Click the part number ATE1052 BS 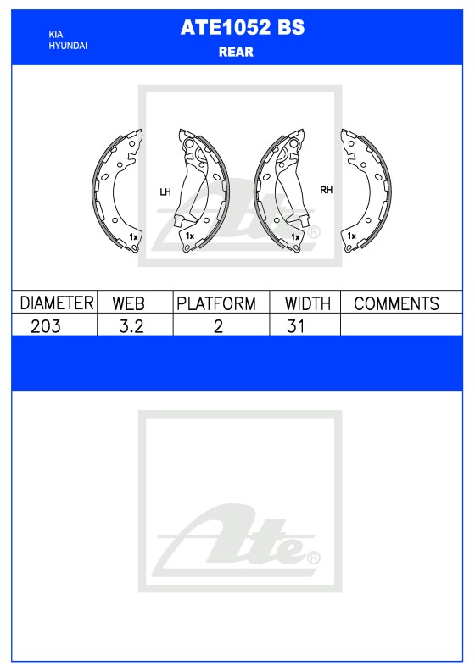coord(242,28)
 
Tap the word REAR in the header coord(236,52)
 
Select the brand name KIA coord(56,34)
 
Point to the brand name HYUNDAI coord(68,45)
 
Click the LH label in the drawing coord(165,192)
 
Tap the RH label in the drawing coord(326,191)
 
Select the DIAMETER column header coord(56,303)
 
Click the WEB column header coord(129,303)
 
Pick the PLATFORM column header coord(216,303)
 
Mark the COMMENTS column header coord(396,303)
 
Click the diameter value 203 coord(45,326)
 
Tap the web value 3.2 coord(129,326)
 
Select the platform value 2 coord(218,326)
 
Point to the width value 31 coord(295,326)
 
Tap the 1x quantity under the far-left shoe coord(134,236)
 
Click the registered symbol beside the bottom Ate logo coord(313,558)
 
